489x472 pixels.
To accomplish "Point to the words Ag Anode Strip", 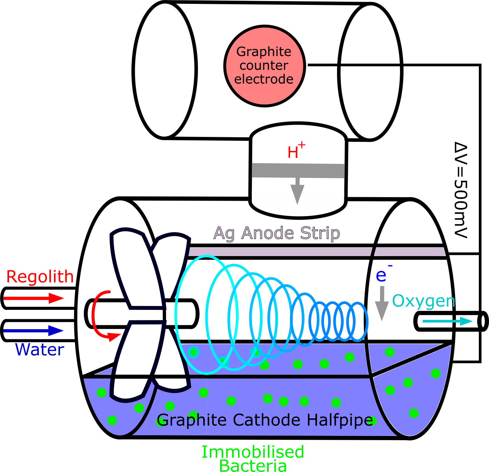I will [x=277, y=233].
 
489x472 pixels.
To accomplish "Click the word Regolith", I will [x=40, y=277].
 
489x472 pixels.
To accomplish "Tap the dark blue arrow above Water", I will [x=34, y=331].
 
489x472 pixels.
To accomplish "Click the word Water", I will [x=40, y=350].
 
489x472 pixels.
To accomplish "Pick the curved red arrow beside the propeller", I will [x=94, y=315].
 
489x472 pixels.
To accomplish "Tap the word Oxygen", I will [x=423, y=301].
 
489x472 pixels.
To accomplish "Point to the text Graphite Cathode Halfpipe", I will [x=265, y=420].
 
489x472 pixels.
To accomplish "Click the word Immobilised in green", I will [x=253, y=452].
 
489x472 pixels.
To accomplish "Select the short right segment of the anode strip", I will [x=410, y=252].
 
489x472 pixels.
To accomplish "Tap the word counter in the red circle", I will [x=264, y=65].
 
